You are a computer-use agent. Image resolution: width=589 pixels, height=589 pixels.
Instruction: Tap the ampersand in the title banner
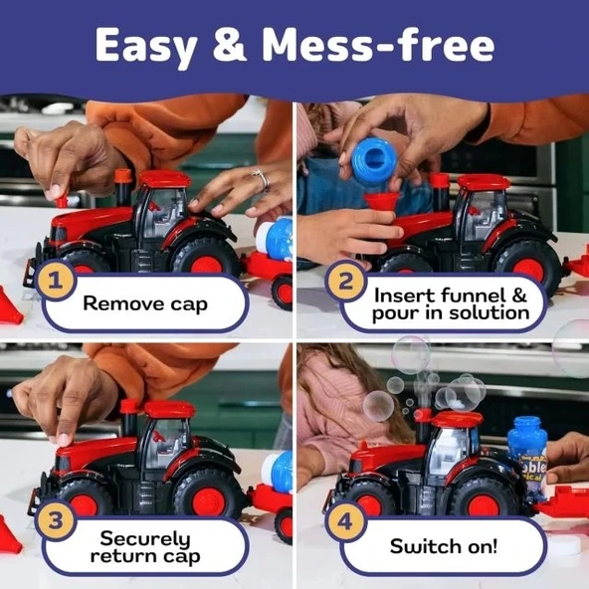230,45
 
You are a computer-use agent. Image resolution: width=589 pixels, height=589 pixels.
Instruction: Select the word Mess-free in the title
377,45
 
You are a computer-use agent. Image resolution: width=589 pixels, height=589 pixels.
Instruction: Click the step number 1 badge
56,280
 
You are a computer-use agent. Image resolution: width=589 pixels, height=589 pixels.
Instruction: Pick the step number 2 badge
345,281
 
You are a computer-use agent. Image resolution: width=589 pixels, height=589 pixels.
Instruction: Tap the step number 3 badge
56,520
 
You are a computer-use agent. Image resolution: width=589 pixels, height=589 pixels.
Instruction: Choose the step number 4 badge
345,521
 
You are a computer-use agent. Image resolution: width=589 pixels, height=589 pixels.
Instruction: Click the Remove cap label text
145,303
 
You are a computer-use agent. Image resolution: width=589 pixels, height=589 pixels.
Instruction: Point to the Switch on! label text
444,546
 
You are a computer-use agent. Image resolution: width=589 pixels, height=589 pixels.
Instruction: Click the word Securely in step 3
145,539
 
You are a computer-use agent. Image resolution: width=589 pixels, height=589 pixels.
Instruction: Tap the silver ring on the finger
262,179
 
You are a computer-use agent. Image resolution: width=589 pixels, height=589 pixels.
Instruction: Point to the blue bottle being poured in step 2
374,160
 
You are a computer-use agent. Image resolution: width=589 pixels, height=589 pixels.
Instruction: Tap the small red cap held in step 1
62,201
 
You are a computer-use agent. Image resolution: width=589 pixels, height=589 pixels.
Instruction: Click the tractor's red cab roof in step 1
165,179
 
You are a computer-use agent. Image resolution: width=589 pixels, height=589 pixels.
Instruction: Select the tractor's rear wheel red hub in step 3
209,502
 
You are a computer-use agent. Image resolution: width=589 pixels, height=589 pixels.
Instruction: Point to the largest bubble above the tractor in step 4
411,355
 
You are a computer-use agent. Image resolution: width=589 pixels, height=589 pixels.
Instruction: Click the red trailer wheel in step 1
283,292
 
